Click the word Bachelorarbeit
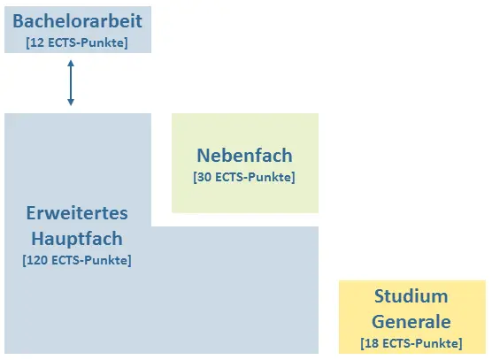pyautogui.click(x=78, y=21)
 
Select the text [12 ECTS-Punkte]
pyautogui.click(x=77, y=42)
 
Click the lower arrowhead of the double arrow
pyautogui.click(x=71, y=103)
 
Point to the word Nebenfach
pyautogui.click(x=245, y=156)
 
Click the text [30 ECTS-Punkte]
pyautogui.click(x=244, y=177)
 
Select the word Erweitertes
pyautogui.click(x=77, y=213)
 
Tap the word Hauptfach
pyautogui.click(x=77, y=239)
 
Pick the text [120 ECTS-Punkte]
pyautogui.click(x=77, y=260)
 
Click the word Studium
pyautogui.click(x=411, y=296)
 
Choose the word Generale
pyautogui.click(x=411, y=322)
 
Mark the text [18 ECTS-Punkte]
pyautogui.click(x=411, y=343)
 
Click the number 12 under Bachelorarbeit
pyautogui.click(x=37, y=42)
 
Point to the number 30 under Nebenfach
pyautogui.click(x=205, y=177)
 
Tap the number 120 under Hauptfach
pyautogui.click(x=38, y=260)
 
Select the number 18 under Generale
pyautogui.click(x=373, y=343)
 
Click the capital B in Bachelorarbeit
pyautogui.click(x=18, y=21)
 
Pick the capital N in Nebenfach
pyautogui.click(x=203, y=156)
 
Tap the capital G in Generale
pyautogui.click(x=378, y=322)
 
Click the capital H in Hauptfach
pyautogui.click(x=38, y=239)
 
